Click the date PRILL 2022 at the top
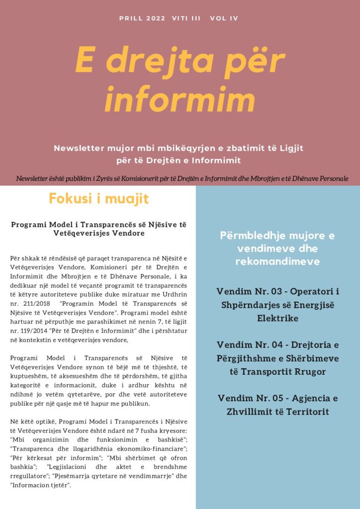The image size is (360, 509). (x=143, y=18)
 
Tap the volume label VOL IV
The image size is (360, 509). (x=224, y=18)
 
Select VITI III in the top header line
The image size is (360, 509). (x=186, y=18)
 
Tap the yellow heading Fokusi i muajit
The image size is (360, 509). (x=98, y=199)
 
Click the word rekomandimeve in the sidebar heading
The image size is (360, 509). (x=277, y=261)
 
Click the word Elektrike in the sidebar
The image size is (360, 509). (x=277, y=318)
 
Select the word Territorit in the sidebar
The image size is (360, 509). (x=304, y=412)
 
